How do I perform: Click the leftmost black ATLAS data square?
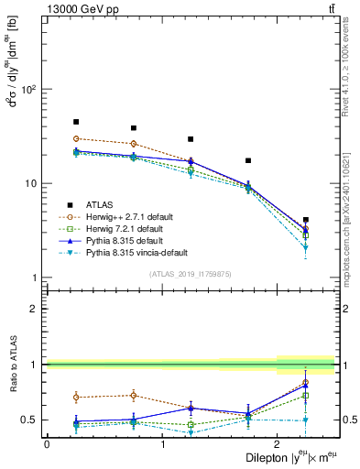tap(76, 122)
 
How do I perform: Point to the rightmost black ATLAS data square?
tap(306, 220)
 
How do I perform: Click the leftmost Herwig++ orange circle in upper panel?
tap(76, 138)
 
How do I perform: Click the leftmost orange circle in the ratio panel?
tap(76, 398)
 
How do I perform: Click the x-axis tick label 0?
tap(47, 444)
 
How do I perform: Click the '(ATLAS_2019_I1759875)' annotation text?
tap(191, 272)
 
